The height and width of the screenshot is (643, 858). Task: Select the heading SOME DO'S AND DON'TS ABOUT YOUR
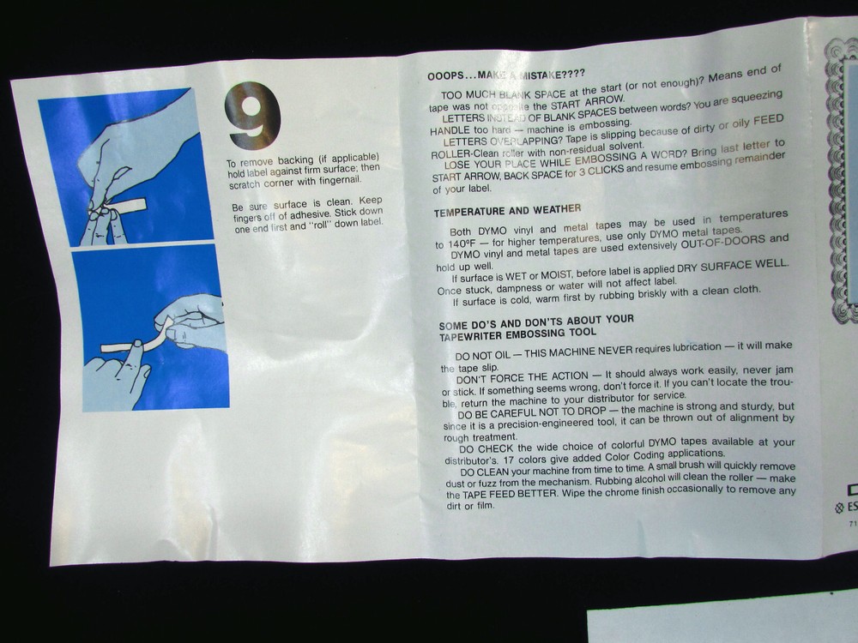pyautogui.click(x=535, y=321)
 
